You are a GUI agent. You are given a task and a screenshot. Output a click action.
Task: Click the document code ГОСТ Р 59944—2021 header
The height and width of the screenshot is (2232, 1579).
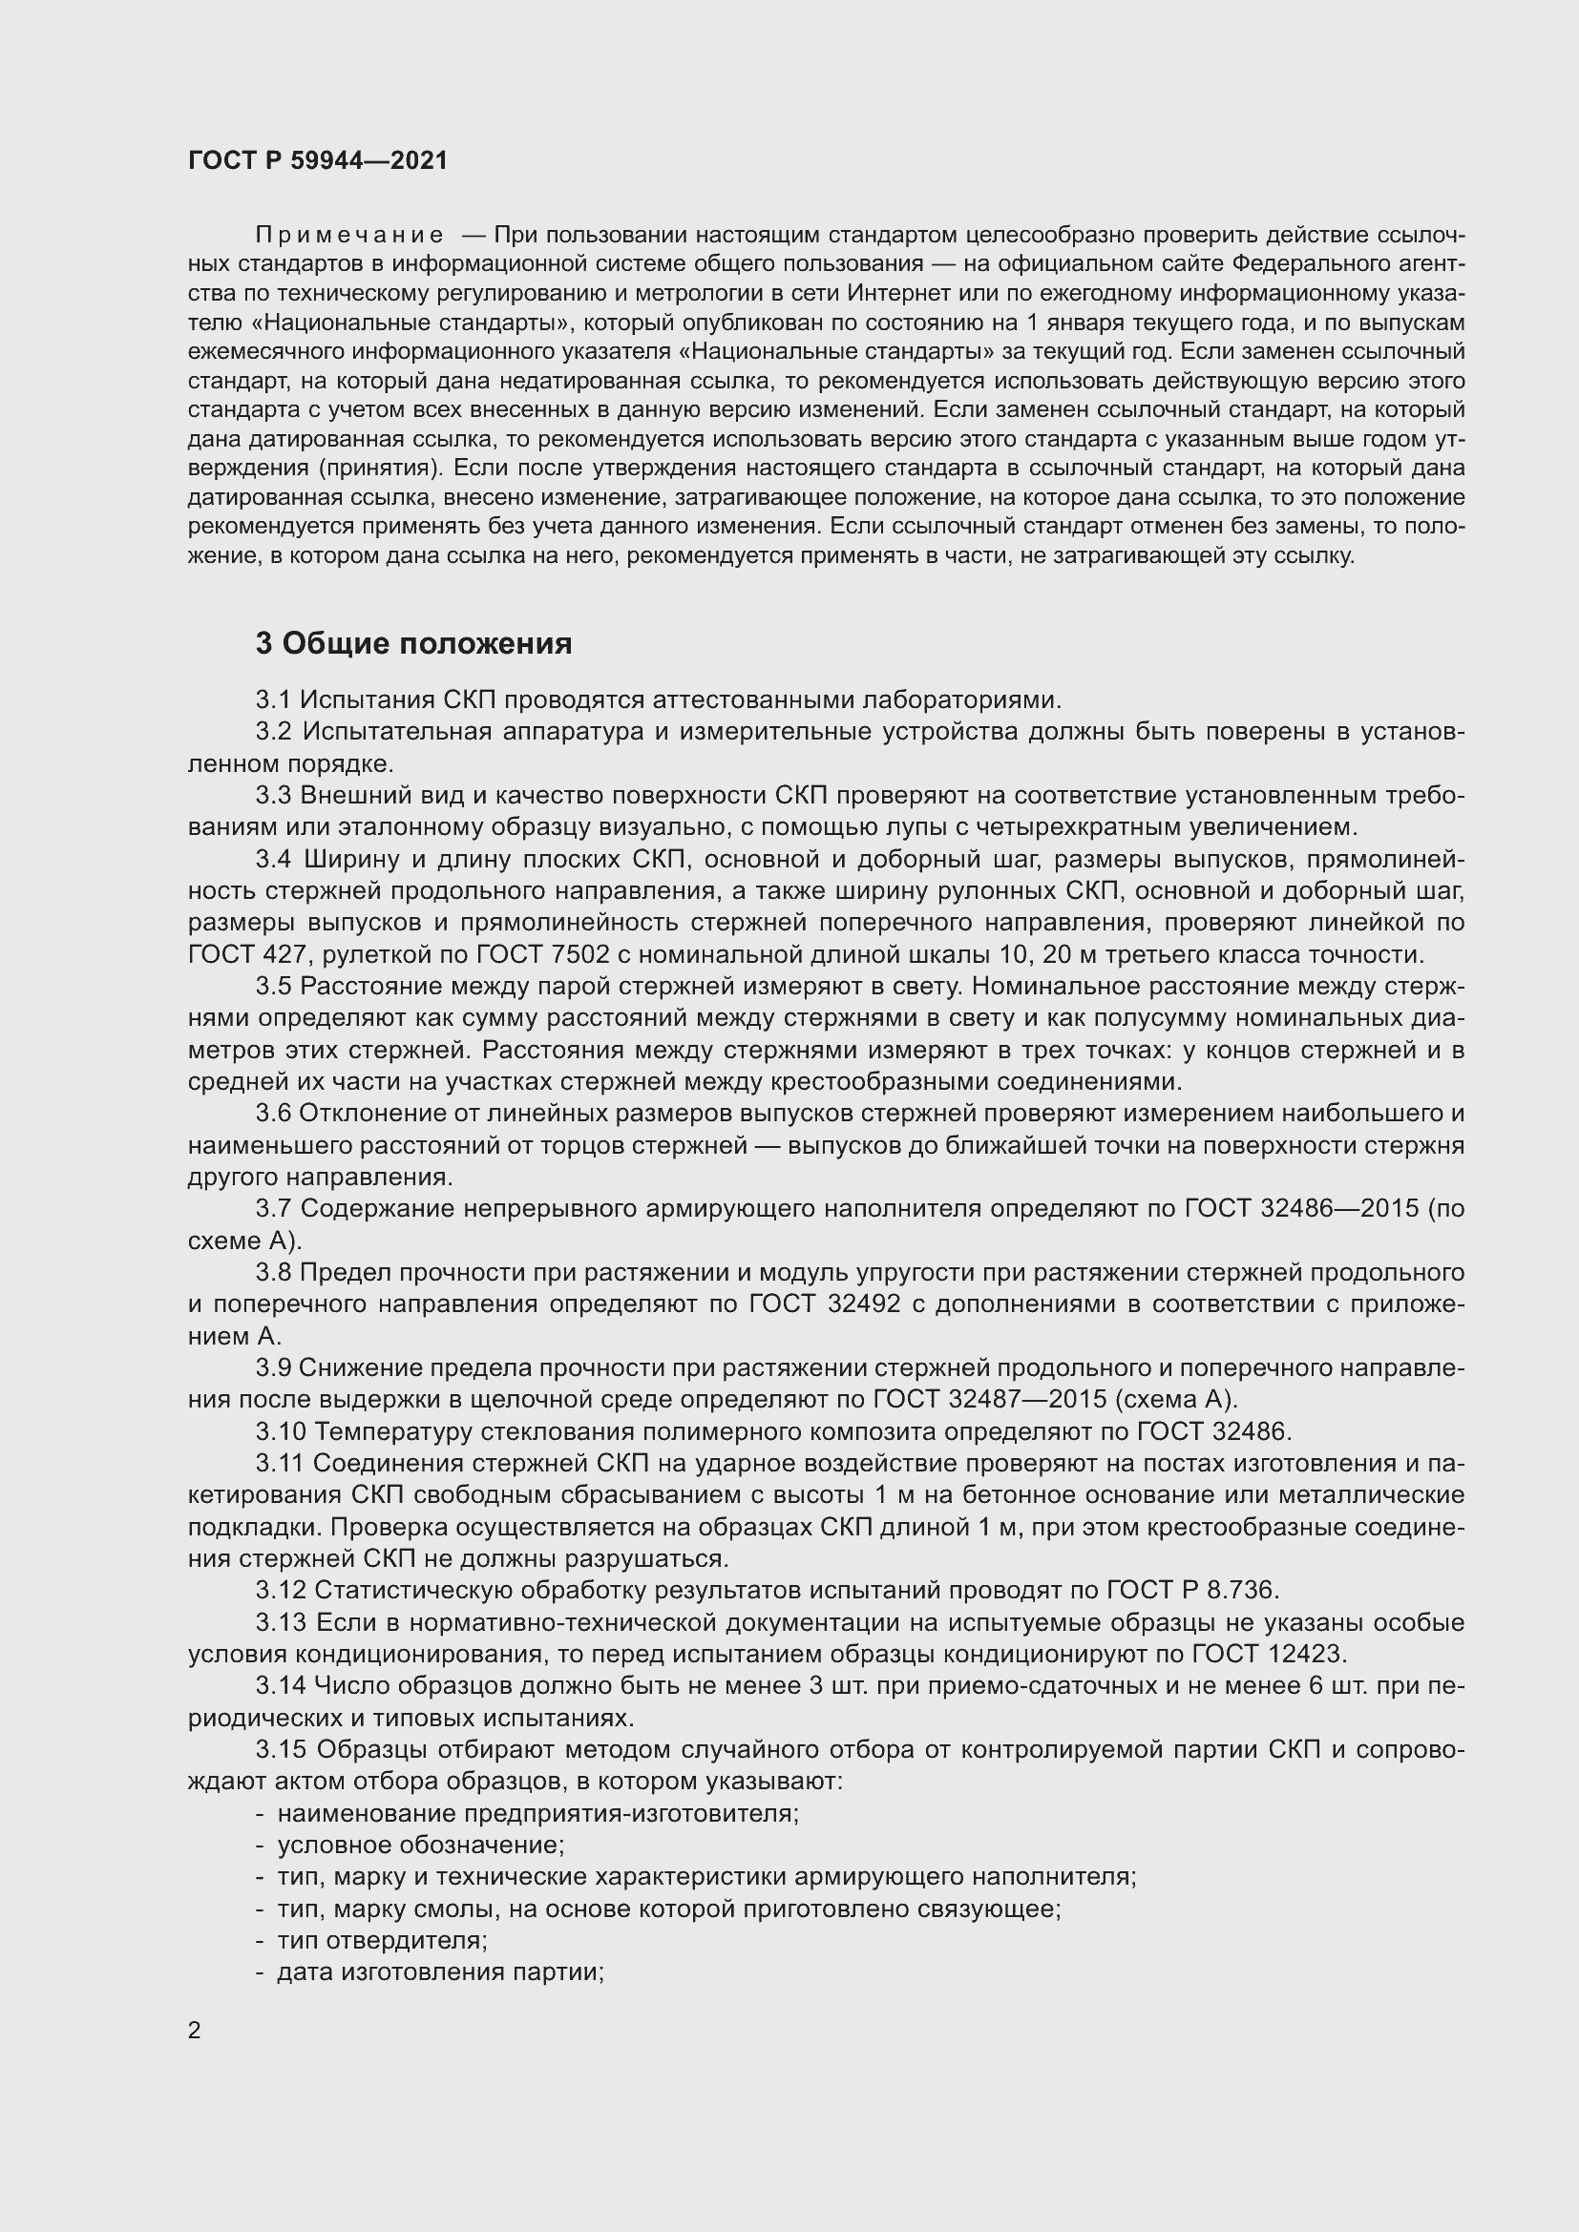[318, 160]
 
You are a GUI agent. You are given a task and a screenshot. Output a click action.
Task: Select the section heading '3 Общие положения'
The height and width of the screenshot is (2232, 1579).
[413, 643]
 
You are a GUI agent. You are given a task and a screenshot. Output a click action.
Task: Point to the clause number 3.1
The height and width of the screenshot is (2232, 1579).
[273, 699]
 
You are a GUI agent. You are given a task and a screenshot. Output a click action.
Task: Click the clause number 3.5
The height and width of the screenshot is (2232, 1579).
[273, 986]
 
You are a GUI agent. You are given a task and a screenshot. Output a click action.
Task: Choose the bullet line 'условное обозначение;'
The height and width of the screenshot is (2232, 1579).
[421, 1845]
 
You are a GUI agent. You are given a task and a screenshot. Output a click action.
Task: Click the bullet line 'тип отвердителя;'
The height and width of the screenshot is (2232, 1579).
[382, 1939]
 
